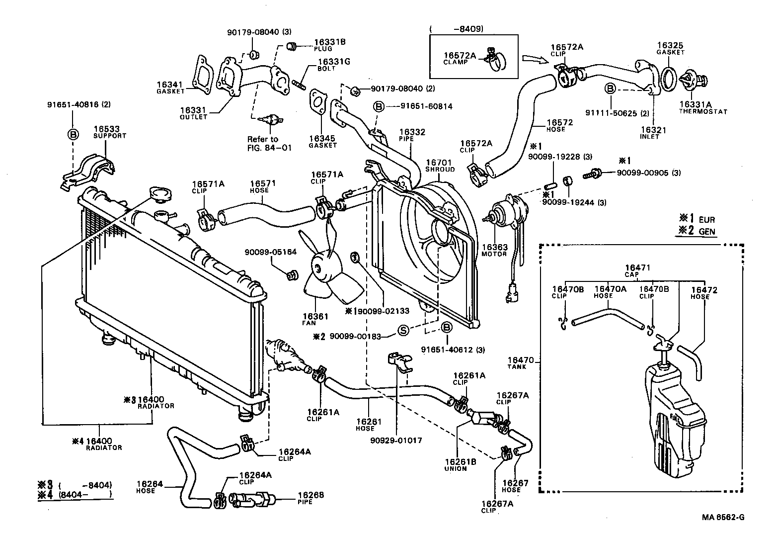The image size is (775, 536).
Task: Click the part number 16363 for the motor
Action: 494,247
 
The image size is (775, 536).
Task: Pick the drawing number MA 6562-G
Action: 723,517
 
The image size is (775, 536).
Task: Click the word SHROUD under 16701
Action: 440,170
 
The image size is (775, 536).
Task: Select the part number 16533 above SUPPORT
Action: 106,129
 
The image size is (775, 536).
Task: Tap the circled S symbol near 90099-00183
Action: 404,330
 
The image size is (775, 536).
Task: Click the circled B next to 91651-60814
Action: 379,106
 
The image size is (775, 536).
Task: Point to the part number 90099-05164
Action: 270,252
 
